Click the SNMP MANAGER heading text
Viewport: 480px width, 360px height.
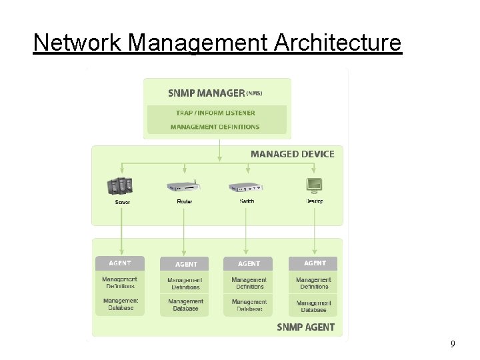[207, 93]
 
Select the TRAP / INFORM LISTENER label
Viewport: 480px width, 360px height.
[215, 113]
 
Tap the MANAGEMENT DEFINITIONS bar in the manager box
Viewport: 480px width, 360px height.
[215, 127]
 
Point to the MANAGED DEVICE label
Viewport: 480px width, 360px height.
[292, 154]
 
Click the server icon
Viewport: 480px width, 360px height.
[121, 186]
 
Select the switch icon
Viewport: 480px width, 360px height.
[247, 187]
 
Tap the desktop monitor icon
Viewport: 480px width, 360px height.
[314, 185]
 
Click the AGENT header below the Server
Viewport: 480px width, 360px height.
[120, 263]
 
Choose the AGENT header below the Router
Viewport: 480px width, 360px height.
[185, 264]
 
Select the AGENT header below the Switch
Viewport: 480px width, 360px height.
[249, 263]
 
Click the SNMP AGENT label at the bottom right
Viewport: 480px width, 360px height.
[305, 327]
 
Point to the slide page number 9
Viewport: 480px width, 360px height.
[453, 344]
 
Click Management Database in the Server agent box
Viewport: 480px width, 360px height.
[120, 304]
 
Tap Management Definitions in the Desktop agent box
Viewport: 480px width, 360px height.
[313, 283]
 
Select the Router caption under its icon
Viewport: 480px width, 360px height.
[185, 201]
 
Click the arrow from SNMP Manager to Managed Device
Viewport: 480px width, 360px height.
[220, 150]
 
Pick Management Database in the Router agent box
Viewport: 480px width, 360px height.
[185, 305]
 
